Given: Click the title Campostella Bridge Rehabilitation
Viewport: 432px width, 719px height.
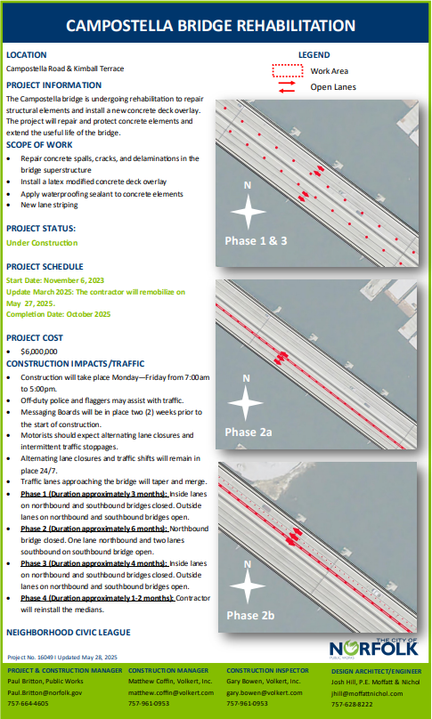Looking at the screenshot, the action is point(211,25).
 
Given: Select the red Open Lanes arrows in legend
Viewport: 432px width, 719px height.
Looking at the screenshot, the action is point(287,86).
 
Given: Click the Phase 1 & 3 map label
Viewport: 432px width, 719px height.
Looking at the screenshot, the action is point(256,241).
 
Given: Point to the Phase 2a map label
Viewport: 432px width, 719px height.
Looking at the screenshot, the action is point(249,432).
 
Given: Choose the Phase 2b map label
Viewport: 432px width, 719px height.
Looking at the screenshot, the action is point(250,615).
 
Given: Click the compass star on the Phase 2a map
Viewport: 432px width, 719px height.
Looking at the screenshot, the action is point(246,403).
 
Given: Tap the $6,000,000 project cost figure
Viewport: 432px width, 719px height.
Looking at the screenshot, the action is point(39,351).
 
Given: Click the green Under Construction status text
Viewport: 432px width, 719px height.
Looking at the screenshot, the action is point(42,243).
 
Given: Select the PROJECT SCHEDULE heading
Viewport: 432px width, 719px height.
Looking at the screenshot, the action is point(45,266).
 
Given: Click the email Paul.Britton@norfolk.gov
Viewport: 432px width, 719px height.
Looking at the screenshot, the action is point(45,692).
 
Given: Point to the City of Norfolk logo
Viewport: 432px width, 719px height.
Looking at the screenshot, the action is point(374,648).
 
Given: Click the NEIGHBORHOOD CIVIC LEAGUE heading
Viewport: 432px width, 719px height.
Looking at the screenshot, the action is point(69,633).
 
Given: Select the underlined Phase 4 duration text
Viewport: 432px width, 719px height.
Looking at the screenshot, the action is point(97,598).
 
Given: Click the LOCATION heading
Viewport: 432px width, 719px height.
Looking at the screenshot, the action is point(26,55).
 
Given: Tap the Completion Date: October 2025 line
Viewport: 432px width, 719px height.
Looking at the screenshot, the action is point(58,314).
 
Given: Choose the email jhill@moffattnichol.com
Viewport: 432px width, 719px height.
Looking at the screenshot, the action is point(367,694).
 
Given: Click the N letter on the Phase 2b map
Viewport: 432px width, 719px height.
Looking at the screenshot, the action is point(248,564).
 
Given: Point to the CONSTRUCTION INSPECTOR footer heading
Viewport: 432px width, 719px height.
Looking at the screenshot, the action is point(267,670).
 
